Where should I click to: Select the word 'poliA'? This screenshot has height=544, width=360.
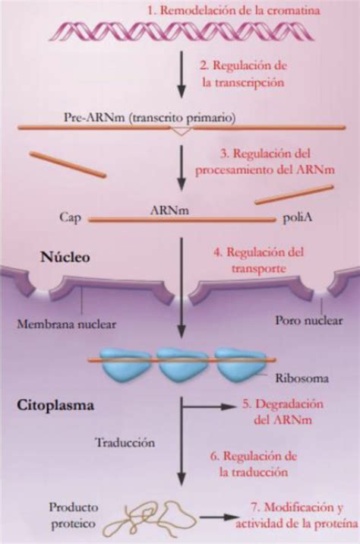[298, 217]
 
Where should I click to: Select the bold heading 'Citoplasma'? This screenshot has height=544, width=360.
[55, 406]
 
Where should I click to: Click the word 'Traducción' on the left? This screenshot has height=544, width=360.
[125, 441]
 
